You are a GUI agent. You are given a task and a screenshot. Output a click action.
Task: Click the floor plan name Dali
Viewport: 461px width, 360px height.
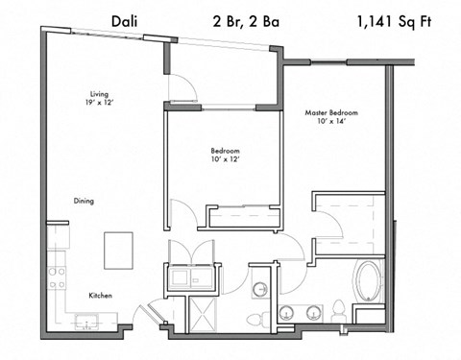click(x=125, y=19)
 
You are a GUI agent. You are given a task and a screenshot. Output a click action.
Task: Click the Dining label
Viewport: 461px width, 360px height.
click(x=84, y=201)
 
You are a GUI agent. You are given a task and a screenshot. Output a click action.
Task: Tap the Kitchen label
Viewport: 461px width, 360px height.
click(x=102, y=296)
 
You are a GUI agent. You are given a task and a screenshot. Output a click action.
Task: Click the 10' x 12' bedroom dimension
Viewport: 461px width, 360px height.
click(x=225, y=161)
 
